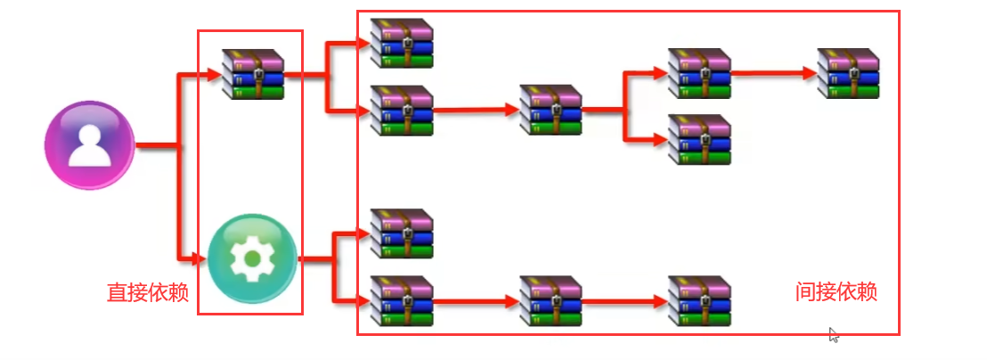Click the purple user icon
coord(89,144)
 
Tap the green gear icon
coord(252,258)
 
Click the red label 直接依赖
coord(148,293)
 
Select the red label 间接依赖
coord(836,291)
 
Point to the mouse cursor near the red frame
coord(833,334)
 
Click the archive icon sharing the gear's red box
coord(253,74)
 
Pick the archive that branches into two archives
coord(551,110)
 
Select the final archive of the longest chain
coord(848,73)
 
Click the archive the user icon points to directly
coord(253,74)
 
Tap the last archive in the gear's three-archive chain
coord(699,300)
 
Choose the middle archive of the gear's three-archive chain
coord(551,300)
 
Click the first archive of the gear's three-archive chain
coord(401,300)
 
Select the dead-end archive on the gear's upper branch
coord(401,233)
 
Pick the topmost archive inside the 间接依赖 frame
coord(401,43)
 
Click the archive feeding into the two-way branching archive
coord(401,110)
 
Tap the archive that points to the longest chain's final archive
coord(699,73)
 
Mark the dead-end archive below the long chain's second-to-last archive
coord(699,139)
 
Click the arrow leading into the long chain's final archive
coord(775,73)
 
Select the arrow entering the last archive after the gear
coord(624,301)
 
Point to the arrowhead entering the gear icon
coord(200,259)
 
